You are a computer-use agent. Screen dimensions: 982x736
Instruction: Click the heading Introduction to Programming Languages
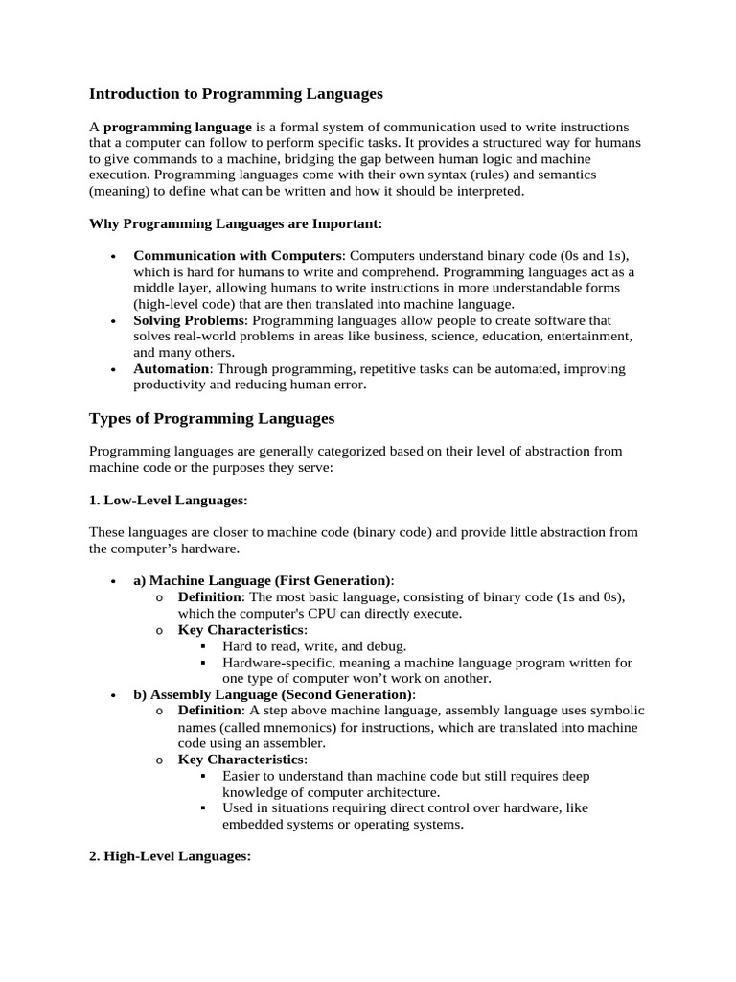pyautogui.click(x=236, y=94)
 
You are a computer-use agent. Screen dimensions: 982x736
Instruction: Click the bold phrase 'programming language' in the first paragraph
pyautogui.click(x=177, y=127)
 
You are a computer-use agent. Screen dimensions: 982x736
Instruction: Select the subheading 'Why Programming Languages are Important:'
pyautogui.click(x=236, y=223)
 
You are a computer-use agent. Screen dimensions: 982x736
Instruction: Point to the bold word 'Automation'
pyautogui.click(x=171, y=368)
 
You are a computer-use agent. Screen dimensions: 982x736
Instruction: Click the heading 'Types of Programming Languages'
pyautogui.click(x=212, y=418)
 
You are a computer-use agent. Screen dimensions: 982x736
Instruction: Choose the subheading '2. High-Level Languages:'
pyautogui.click(x=170, y=856)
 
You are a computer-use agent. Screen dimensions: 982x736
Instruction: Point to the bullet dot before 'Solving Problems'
pyautogui.click(x=113, y=321)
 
